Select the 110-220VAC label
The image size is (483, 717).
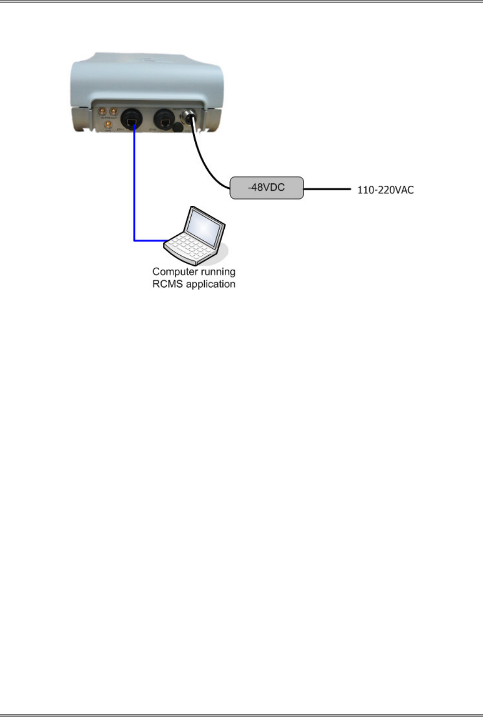[x=385, y=190]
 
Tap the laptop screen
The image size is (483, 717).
[x=205, y=227]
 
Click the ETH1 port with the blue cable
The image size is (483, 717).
[x=131, y=122]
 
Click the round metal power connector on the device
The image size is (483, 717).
[x=191, y=118]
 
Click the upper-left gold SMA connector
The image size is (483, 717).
[x=103, y=111]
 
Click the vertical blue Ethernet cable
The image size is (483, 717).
[x=135, y=186]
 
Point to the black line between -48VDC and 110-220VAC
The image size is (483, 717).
[x=327, y=189]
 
